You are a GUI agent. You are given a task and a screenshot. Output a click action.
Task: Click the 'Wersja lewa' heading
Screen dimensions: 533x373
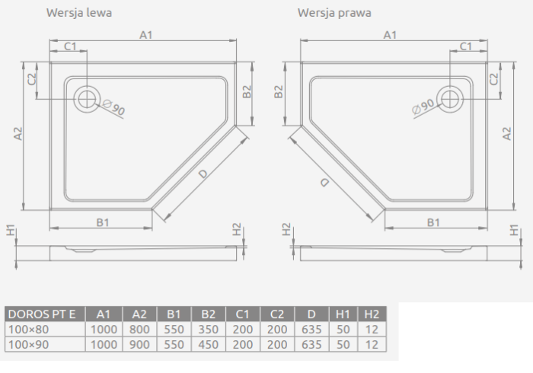point(79,13)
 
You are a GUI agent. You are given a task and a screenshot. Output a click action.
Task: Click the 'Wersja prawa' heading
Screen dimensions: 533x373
point(334,13)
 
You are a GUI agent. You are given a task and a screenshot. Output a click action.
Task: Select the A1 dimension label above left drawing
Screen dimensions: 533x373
point(146,35)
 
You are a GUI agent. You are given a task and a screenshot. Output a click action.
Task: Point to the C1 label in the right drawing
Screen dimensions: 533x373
point(466,46)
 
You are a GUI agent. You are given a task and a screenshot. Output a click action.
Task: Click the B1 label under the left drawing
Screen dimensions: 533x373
point(103,222)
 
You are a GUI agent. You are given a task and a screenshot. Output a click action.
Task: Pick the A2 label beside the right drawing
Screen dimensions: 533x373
point(506,133)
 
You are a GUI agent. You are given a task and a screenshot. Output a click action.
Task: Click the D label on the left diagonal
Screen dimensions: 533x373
point(203,174)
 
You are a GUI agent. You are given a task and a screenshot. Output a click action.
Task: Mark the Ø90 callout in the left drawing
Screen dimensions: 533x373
point(114,107)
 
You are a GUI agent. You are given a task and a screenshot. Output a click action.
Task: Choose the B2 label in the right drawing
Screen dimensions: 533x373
point(279,91)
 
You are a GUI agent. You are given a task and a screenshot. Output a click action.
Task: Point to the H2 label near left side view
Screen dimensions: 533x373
point(237,229)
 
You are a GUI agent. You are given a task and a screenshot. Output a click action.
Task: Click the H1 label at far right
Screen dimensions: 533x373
point(514,230)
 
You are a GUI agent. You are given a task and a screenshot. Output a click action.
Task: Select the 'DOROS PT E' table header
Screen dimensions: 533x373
point(42,314)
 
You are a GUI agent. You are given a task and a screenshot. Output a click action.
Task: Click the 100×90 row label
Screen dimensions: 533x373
point(29,345)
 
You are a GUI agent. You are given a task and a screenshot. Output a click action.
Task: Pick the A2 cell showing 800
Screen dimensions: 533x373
point(139,330)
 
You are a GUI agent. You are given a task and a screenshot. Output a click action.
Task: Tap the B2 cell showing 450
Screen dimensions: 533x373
point(208,345)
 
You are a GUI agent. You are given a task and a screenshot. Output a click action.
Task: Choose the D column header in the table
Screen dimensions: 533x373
point(311,314)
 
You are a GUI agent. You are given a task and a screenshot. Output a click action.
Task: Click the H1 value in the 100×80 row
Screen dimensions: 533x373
point(343,330)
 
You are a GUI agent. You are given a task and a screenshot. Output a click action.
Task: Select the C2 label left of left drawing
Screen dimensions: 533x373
point(32,79)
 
